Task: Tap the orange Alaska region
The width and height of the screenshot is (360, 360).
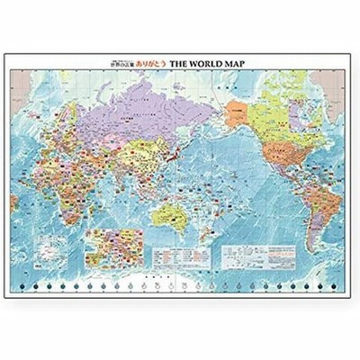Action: (x=236, y=113)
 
